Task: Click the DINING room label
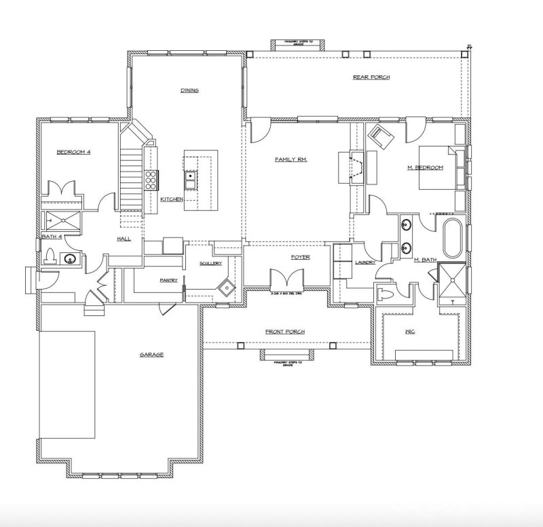point(189,90)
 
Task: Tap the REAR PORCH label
point(371,77)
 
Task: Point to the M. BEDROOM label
point(426,168)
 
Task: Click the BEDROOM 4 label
point(73,153)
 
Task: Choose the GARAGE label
point(151,355)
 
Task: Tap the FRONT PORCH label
point(284,332)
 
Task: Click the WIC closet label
point(409,332)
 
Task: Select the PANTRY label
point(168,279)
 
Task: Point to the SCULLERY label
point(210,263)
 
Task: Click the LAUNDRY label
point(364,262)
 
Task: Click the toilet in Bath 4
point(50,257)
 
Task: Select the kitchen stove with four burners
point(151,180)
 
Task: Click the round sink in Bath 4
point(69,258)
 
